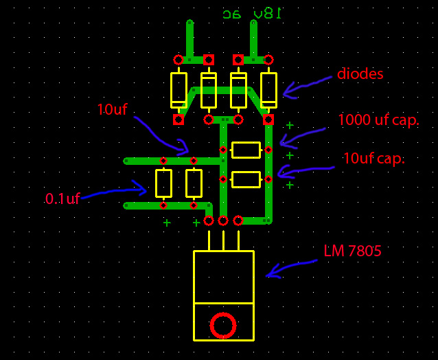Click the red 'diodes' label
360,74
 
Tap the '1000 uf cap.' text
378,120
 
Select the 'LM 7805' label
352,251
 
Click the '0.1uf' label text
62,199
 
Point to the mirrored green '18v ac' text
253,13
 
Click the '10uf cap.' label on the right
373,158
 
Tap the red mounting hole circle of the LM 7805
223,325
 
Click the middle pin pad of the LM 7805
223,221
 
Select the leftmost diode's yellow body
178,90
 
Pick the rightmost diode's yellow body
268,90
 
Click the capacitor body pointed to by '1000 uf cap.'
246,150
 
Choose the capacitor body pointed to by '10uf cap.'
246,179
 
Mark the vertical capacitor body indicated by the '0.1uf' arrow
163,183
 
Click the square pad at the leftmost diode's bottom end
178,120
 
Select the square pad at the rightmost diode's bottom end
268,120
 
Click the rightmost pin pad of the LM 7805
238,221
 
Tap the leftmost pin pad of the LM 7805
209,221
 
